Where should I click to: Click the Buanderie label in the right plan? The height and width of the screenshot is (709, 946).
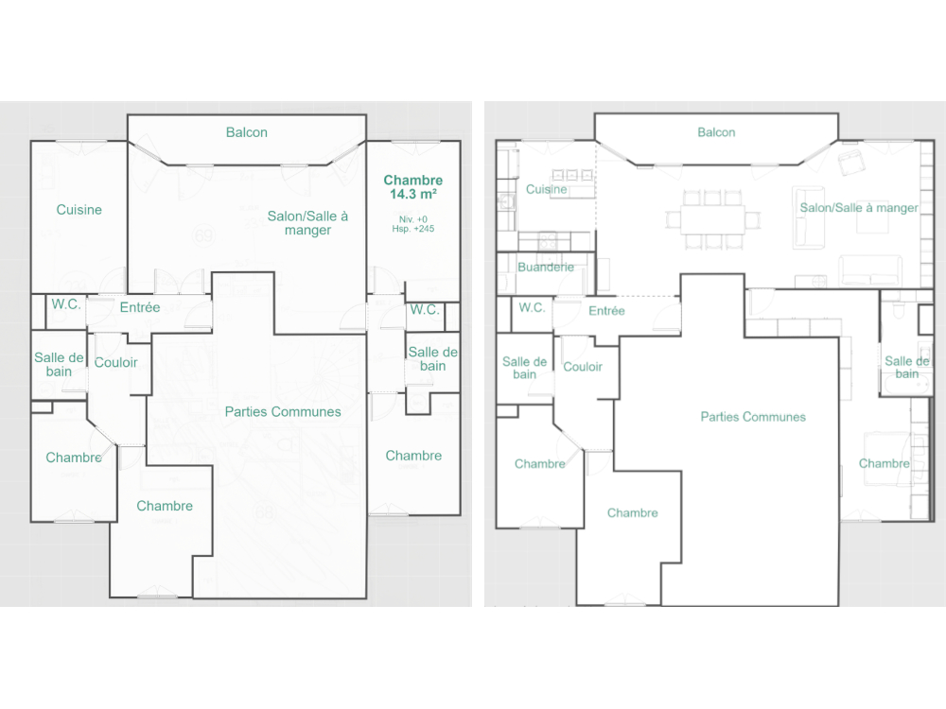(546, 268)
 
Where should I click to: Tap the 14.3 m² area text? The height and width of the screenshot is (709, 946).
(413, 194)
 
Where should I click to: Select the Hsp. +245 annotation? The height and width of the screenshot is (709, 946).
(413, 229)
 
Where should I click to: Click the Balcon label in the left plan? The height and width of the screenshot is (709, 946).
(246, 132)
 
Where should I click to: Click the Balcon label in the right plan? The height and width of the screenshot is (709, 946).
(716, 132)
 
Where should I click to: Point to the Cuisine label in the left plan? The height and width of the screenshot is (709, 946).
(79, 210)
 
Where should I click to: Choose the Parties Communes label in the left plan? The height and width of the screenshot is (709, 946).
(283, 411)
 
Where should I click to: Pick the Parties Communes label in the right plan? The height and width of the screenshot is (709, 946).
(753, 416)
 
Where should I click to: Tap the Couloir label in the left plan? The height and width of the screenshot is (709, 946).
(116, 362)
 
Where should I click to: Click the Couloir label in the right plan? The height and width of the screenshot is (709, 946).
(583, 366)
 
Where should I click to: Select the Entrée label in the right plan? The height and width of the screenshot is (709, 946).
(606, 310)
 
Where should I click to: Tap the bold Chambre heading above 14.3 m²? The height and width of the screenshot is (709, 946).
(413, 180)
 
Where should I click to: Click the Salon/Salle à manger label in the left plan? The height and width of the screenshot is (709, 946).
(307, 223)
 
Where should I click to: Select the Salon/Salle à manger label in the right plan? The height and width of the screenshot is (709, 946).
(859, 208)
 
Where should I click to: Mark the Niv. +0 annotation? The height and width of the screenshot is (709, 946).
(413, 218)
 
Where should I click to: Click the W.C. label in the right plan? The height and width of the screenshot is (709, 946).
(532, 307)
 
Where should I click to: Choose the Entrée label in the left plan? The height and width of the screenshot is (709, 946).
(140, 307)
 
